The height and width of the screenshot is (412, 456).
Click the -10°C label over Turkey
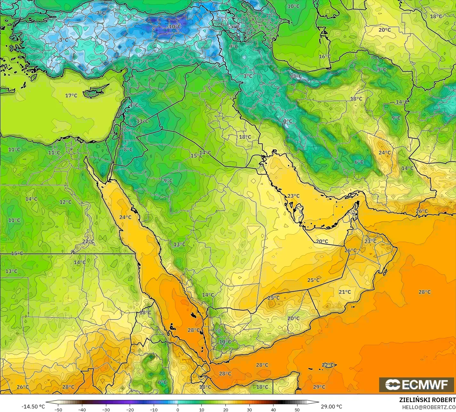[x=175, y=27]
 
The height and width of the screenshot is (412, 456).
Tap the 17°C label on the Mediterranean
[x=71, y=95]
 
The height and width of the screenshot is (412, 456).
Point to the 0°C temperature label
[x=288, y=121]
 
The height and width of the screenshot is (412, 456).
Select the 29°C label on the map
[x=319, y=387]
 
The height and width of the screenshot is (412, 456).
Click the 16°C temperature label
[x=325, y=56]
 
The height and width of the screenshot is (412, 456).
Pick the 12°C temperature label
[x=65, y=202]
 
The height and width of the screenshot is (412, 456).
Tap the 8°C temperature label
[x=128, y=149]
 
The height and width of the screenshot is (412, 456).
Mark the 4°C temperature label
[x=134, y=105]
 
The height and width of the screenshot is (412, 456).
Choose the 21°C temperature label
[x=345, y=292]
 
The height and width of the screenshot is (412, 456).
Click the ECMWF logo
[x=416, y=384]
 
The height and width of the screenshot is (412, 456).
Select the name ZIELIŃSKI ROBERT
[x=427, y=400]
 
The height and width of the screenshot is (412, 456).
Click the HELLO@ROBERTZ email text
[x=429, y=407]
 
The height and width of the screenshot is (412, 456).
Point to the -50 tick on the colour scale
[x=58, y=409]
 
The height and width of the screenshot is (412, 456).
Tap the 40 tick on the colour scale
[x=273, y=409]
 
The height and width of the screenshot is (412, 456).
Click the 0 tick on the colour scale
[x=178, y=409]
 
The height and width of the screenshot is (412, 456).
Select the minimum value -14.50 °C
[x=33, y=407]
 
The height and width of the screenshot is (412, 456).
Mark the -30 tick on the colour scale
[x=106, y=409]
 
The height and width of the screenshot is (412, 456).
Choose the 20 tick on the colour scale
[x=225, y=409]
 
